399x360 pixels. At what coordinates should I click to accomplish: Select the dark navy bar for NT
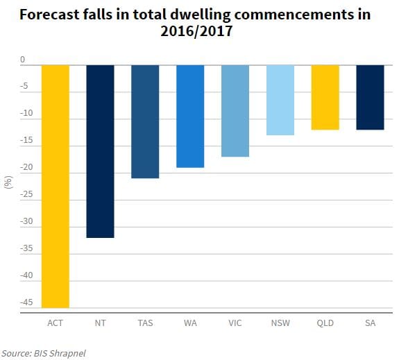[x=100, y=151]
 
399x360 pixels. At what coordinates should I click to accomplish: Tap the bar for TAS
[x=145, y=121]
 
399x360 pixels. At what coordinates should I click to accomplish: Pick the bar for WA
[x=190, y=116]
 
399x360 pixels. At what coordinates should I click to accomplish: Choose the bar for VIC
[x=235, y=111]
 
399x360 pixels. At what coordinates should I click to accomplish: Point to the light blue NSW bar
[x=280, y=100]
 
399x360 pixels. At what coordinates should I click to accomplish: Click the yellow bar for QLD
[x=325, y=97]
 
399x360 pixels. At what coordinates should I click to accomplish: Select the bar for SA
[x=370, y=97]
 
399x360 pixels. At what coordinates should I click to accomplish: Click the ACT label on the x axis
[x=55, y=323]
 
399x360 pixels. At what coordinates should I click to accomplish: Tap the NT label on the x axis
[x=100, y=323]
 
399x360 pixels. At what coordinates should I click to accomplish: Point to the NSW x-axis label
[x=280, y=323]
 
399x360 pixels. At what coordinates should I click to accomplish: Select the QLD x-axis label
[x=325, y=323]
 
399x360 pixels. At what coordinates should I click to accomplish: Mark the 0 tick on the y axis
[x=22, y=60]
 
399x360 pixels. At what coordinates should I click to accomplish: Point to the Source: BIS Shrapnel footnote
[x=44, y=352]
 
